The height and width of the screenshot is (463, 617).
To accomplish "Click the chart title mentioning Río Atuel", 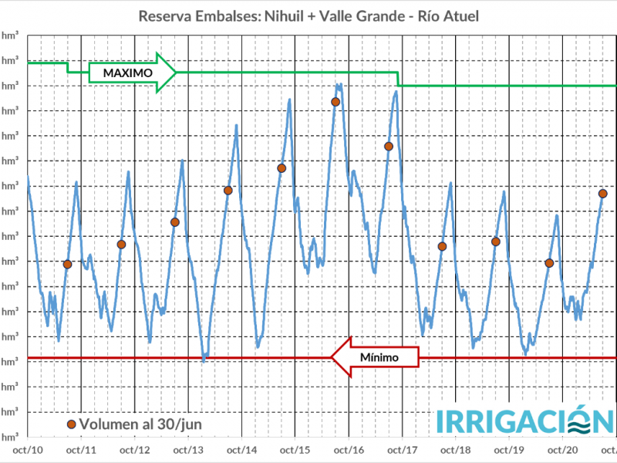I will (x=308, y=16).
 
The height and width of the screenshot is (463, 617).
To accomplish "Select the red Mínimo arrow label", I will (x=378, y=358).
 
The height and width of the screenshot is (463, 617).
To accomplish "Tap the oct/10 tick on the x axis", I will (x=28, y=449).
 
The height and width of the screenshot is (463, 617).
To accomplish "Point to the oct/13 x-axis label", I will (x=188, y=449).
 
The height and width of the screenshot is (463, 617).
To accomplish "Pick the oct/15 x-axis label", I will (x=295, y=449).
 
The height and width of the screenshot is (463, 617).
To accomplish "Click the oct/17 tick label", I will (x=402, y=449).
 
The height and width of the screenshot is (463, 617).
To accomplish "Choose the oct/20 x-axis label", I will (x=562, y=449).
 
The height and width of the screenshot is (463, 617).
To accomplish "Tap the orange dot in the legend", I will (x=72, y=424).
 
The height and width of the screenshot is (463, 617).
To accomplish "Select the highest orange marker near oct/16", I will (x=335, y=102).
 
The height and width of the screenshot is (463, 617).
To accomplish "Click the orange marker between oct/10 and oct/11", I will (x=67, y=264).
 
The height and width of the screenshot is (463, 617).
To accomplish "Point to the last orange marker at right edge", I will (x=603, y=194).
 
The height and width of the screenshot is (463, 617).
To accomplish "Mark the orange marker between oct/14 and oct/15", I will (x=282, y=168).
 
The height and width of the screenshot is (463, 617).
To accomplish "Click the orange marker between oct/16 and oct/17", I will (x=389, y=146).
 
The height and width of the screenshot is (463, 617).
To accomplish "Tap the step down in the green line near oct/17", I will (x=398, y=79).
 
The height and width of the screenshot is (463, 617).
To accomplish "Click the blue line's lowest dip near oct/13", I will (x=204, y=359).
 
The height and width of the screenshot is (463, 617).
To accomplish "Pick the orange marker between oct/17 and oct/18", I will (x=442, y=246).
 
